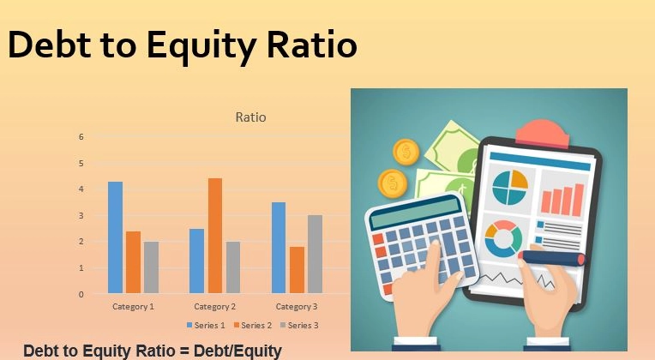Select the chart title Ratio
coord(250,117)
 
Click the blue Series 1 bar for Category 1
coord(115,237)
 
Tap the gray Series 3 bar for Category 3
coord(315,254)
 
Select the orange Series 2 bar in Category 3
coord(297,270)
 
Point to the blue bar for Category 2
coord(196,261)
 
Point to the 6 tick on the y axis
coord(81,136)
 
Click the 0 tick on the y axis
coord(81,294)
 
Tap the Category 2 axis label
coord(214,306)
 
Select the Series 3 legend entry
coord(299,326)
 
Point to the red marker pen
coord(553,256)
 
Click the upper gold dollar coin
coord(406,153)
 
